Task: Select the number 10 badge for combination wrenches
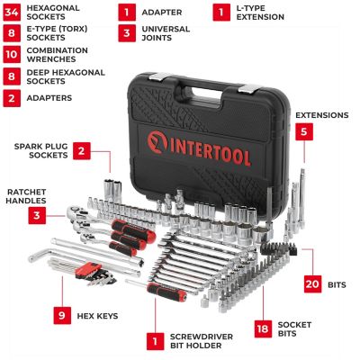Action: tap(11, 55)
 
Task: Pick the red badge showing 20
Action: tap(312, 284)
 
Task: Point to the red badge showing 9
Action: tap(61, 316)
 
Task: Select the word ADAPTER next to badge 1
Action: tap(163, 13)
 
